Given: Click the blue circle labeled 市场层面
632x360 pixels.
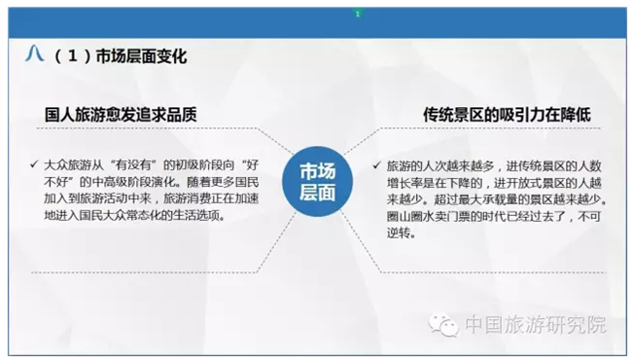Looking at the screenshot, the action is (x=317, y=181).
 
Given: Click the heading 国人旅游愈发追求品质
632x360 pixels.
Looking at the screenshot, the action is (x=121, y=115).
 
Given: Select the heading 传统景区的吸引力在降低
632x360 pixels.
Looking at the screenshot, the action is (x=507, y=115).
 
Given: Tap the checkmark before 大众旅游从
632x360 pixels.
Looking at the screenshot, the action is (x=34, y=164).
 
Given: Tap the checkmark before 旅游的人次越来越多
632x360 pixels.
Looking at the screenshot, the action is (x=377, y=165).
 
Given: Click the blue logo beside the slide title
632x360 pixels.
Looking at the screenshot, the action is (x=34, y=54).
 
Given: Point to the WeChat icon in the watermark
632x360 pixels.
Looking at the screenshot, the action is (x=444, y=325).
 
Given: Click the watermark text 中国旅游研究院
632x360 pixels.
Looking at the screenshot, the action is (x=536, y=325).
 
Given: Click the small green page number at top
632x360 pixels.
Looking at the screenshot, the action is (x=358, y=15).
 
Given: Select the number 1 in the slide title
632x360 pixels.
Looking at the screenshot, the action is (x=73, y=56).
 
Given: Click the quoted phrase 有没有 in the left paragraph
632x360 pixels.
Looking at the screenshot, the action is (x=133, y=164).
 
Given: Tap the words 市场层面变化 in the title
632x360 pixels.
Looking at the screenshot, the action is (x=142, y=56).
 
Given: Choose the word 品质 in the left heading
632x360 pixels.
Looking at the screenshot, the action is (x=182, y=115).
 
